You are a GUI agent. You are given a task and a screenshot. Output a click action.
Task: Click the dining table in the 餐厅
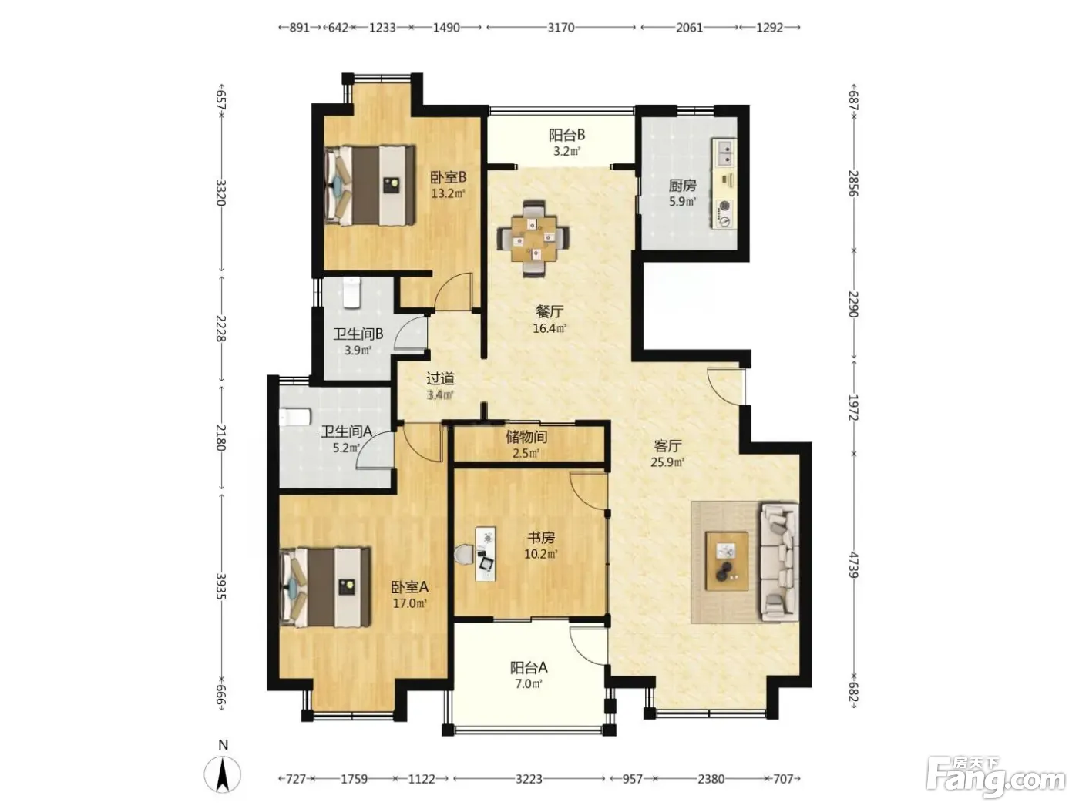533,239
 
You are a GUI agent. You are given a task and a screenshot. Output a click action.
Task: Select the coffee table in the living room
727,561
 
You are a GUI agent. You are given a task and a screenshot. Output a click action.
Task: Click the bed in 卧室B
369,185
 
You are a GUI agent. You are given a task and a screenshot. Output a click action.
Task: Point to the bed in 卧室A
324,587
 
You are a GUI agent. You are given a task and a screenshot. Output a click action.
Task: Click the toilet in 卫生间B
351,293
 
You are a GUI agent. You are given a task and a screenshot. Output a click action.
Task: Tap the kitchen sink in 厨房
724,153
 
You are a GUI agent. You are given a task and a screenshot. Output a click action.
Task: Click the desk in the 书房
486,554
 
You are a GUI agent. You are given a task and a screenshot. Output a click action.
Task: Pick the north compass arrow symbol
223,774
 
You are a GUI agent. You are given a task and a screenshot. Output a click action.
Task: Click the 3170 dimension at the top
561,28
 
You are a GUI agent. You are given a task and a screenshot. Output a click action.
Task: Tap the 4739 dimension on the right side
853,565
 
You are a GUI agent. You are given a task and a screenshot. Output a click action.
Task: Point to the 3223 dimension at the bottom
529,778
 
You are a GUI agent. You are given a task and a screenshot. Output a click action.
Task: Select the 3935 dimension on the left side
220,586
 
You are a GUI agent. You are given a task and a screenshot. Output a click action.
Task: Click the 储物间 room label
526,436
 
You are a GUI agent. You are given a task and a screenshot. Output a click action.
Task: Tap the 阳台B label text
566,135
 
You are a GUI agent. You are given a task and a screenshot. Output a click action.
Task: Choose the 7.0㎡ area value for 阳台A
529,683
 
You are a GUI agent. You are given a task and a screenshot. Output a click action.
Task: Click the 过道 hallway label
440,378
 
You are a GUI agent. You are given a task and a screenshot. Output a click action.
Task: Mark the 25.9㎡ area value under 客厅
667,462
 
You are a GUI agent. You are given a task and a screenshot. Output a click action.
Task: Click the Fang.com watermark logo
995,777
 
